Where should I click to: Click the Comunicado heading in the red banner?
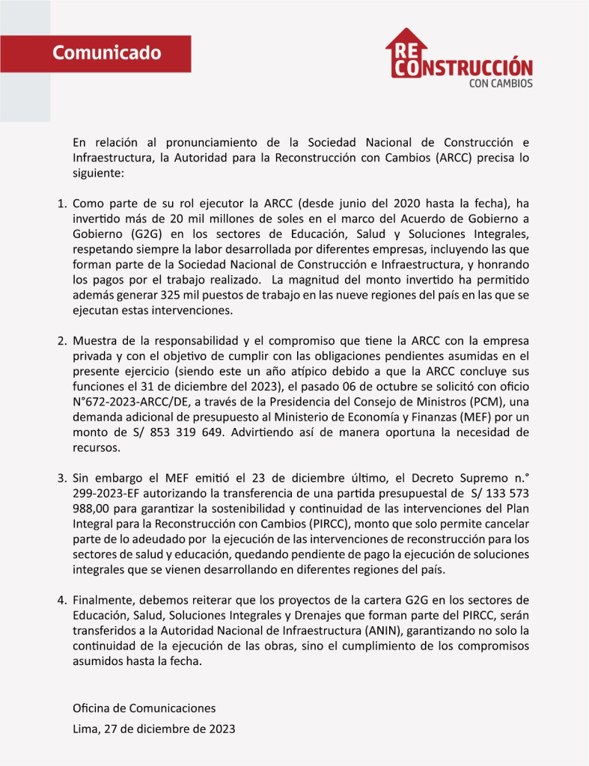(107, 53)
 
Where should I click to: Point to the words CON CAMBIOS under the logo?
(501, 84)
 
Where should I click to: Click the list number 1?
(62, 203)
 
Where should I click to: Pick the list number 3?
(62, 477)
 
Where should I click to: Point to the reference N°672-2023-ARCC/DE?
(131, 402)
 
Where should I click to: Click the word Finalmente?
(105, 601)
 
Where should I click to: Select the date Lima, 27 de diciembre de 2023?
(153, 729)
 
